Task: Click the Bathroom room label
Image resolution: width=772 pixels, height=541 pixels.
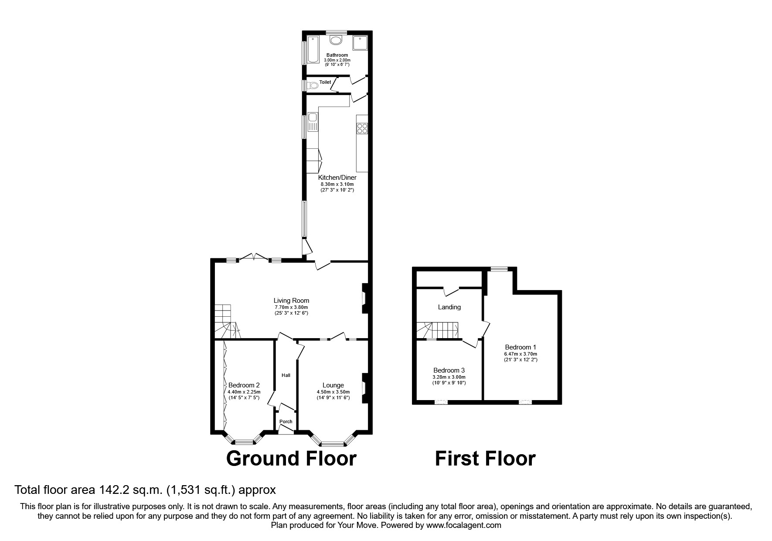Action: [x=337, y=55]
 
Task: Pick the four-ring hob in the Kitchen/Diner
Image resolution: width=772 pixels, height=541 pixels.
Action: [x=362, y=128]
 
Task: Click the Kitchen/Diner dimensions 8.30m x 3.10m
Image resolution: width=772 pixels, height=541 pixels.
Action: [x=337, y=184]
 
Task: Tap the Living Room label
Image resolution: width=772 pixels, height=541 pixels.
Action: [x=291, y=301]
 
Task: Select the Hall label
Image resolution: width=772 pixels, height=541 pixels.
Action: [x=286, y=375]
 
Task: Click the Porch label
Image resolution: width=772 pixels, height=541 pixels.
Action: [x=286, y=421]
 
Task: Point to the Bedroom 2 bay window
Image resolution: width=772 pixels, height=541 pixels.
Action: [x=245, y=442]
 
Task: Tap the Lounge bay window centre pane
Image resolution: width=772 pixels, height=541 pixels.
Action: [x=333, y=444]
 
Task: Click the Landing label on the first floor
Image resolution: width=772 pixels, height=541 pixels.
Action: [x=449, y=307]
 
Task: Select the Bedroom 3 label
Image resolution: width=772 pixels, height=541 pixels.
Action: [x=449, y=370]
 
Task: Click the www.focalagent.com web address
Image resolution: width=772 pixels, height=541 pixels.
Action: [x=463, y=525]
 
